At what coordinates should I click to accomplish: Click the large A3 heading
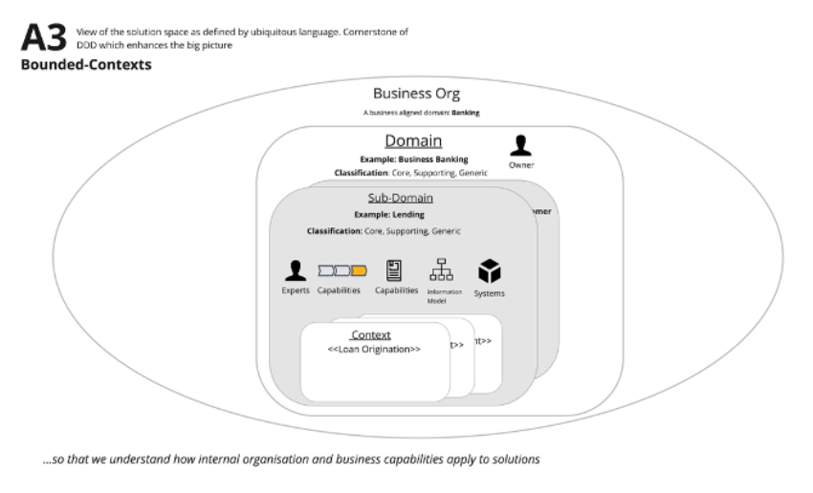click(x=43, y=38)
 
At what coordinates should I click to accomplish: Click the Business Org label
click(x=416, y=94)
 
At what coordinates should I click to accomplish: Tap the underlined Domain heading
click(x=413, y=141)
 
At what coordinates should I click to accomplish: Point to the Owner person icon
click(x=521, y=145)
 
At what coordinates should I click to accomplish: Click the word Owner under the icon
click(x=521, y=165)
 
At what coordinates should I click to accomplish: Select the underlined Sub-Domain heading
click(x=401, y=198)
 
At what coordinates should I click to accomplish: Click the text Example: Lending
click(x=389, y=214)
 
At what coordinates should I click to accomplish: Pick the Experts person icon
click(x=296, y=271)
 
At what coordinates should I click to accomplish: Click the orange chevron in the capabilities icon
click(x=359, y=271)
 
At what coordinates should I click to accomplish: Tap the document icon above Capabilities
click(x=394, y=270)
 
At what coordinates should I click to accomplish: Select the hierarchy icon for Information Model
click(x=442, y=270)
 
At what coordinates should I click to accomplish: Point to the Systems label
click(x=490, y=293)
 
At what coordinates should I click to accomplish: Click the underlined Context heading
click(x=371, y=335)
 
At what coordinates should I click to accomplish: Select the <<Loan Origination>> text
click(x=374, y=350)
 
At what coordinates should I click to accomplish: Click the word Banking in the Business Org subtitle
click(x=467, y=112)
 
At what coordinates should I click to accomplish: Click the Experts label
click(x=296, y=290)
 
